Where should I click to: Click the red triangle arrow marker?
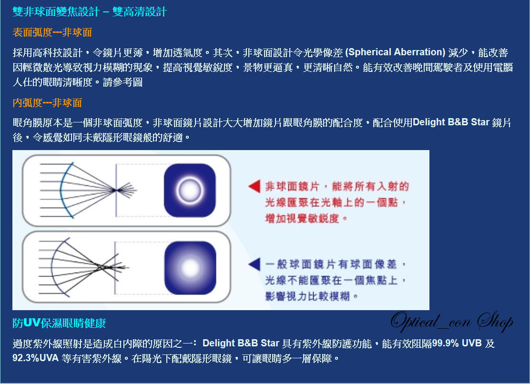point(255,186)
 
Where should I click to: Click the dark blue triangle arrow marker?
point(255,264)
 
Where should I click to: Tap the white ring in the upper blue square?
point(190,190)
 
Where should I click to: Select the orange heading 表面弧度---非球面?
point(52,32)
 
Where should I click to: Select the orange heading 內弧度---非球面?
point(47,103)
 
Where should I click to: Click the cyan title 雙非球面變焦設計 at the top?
point(56,12)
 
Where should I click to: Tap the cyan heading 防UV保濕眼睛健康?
point(59,323)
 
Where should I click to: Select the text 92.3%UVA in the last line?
point(35,358)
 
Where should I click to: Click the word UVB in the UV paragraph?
point(472,343)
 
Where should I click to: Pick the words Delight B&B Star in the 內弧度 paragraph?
point(451,122)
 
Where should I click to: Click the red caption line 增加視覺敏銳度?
point(302,219)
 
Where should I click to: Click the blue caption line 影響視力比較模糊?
point(307,296)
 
